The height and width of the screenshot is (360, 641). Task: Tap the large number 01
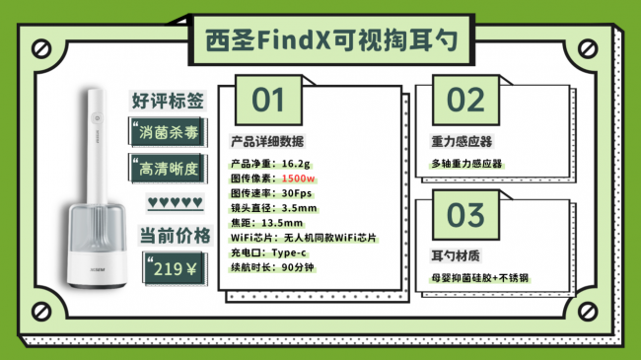(x=268, y=101)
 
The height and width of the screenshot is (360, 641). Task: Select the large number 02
(x=466, y=101)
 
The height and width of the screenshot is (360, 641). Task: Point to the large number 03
(x=466, y=214)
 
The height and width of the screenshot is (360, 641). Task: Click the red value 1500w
(x=298, y=179)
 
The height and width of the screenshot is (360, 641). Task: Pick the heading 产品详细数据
(x=267, y=140)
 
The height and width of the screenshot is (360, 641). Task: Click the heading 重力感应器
(x=462, y=141)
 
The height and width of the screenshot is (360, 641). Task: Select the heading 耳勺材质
(x=455, y=253)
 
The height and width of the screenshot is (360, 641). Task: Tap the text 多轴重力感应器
(x=473, y=163)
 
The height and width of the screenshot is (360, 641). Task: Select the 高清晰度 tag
(x=169, y=168)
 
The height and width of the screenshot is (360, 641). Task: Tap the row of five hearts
(x=175, y=204)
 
